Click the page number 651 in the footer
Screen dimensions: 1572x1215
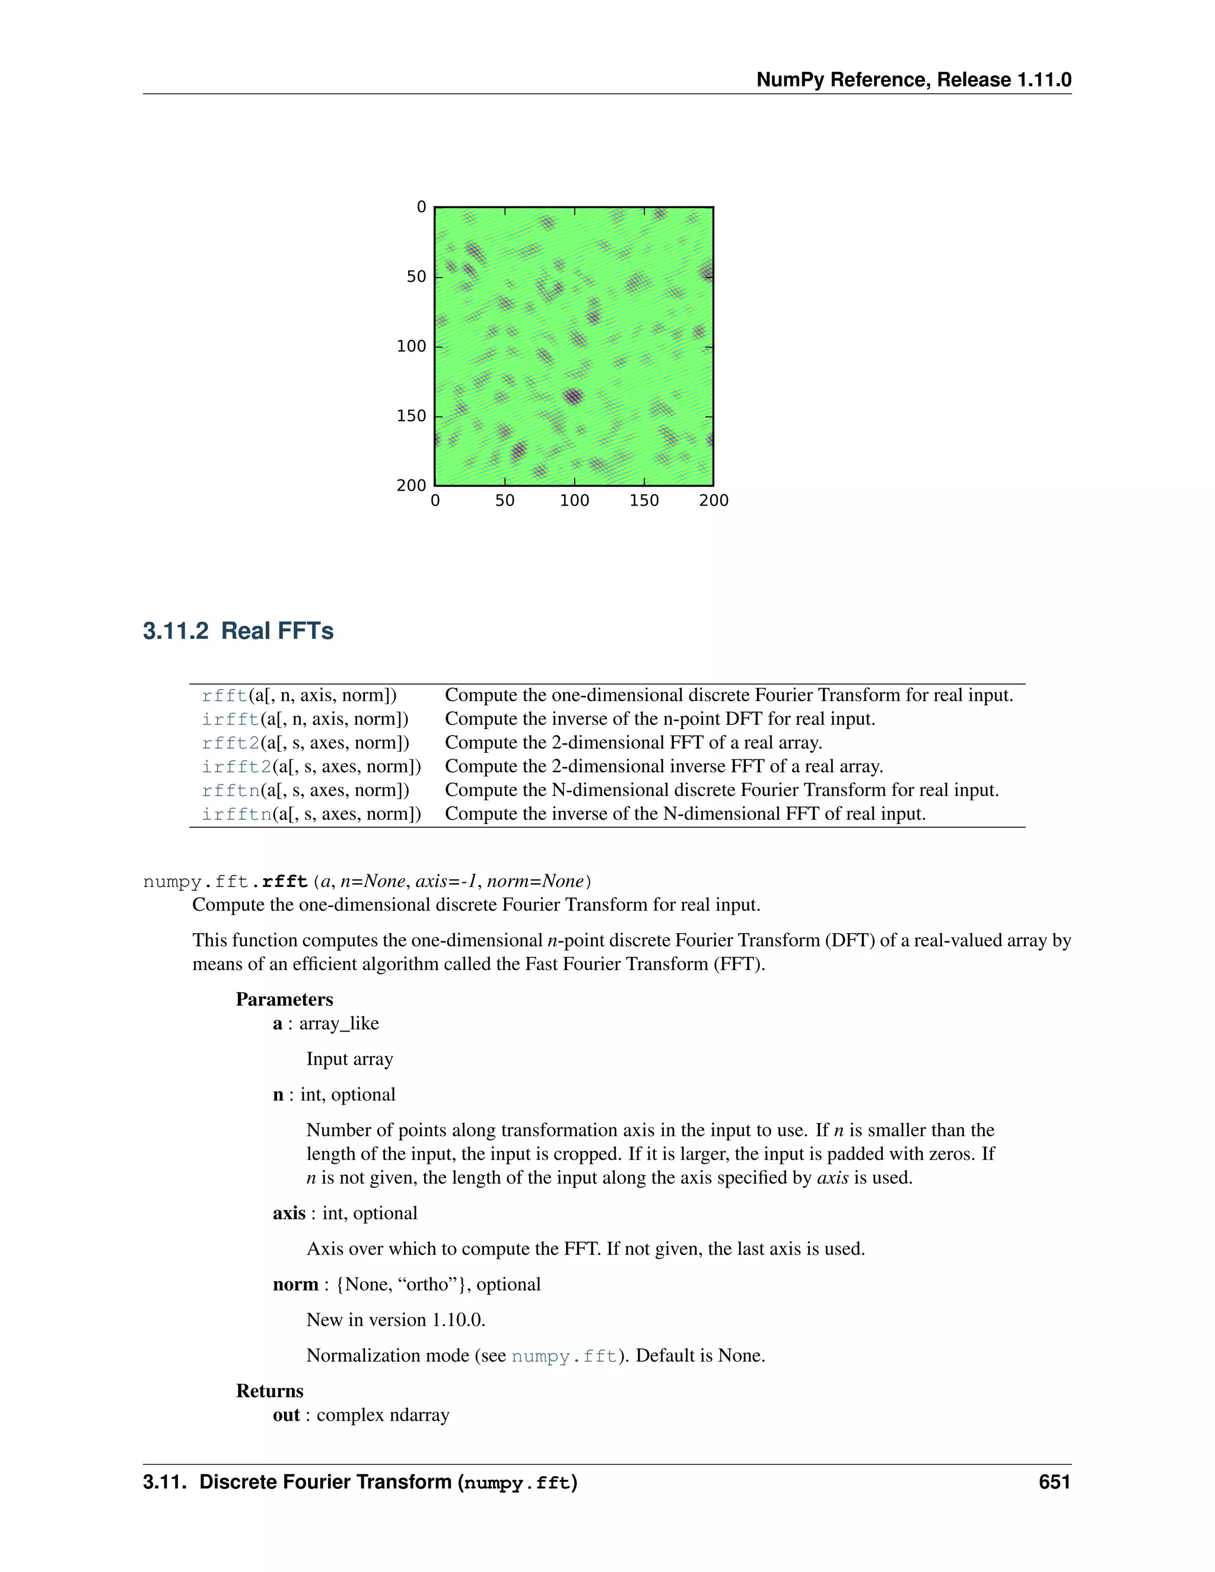click(x=1054, y=1481)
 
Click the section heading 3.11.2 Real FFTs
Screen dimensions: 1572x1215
click(x=238, y=631)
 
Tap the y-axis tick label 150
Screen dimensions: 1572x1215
click(x=411, y=416)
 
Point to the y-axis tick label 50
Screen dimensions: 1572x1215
click(x=416, y=277)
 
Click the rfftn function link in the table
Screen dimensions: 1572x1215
click(x=230, y=790)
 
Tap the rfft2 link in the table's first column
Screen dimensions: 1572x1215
click(x=230, y=743)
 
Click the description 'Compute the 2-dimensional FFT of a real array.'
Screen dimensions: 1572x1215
click(x=634, y=743)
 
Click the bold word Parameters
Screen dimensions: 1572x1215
click(x=284, y=999)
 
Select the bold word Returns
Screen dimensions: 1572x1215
click(x=269, y=1390)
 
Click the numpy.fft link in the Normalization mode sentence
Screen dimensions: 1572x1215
click(x=564, y=1356)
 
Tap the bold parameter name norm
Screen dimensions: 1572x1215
click(x=295, y=1285)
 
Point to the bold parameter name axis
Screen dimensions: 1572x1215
click(x=289, y=1214)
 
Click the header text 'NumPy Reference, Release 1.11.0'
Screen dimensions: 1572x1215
click(x=914, y=80)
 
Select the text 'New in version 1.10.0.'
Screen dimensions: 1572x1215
click(x=396, y=1320)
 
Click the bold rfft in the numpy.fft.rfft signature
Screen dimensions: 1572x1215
click(x=285, y=882)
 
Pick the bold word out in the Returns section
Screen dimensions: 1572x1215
click(x=286, y=1415)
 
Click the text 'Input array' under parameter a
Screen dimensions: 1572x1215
click(x=350, y=1059)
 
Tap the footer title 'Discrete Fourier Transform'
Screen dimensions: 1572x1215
click(x=325, y=1481)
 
